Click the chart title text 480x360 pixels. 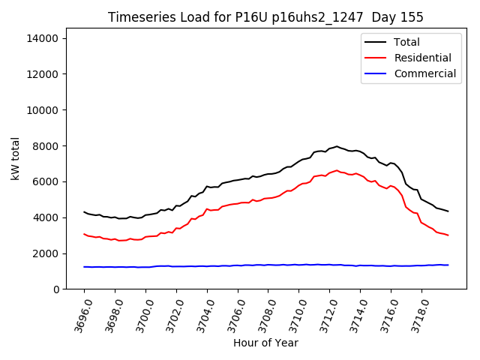265,17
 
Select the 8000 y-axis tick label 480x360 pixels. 52,145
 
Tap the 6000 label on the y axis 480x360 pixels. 52,181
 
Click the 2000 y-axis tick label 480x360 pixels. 52,253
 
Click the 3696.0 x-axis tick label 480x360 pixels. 78,315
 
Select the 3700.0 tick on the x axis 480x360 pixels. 139,315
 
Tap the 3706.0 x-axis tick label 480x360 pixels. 232,315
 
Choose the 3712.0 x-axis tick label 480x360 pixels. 323,315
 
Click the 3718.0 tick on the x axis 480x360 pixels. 415,315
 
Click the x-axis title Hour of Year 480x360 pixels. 265,343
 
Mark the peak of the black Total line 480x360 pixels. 337,146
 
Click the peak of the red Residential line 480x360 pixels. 337,170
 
